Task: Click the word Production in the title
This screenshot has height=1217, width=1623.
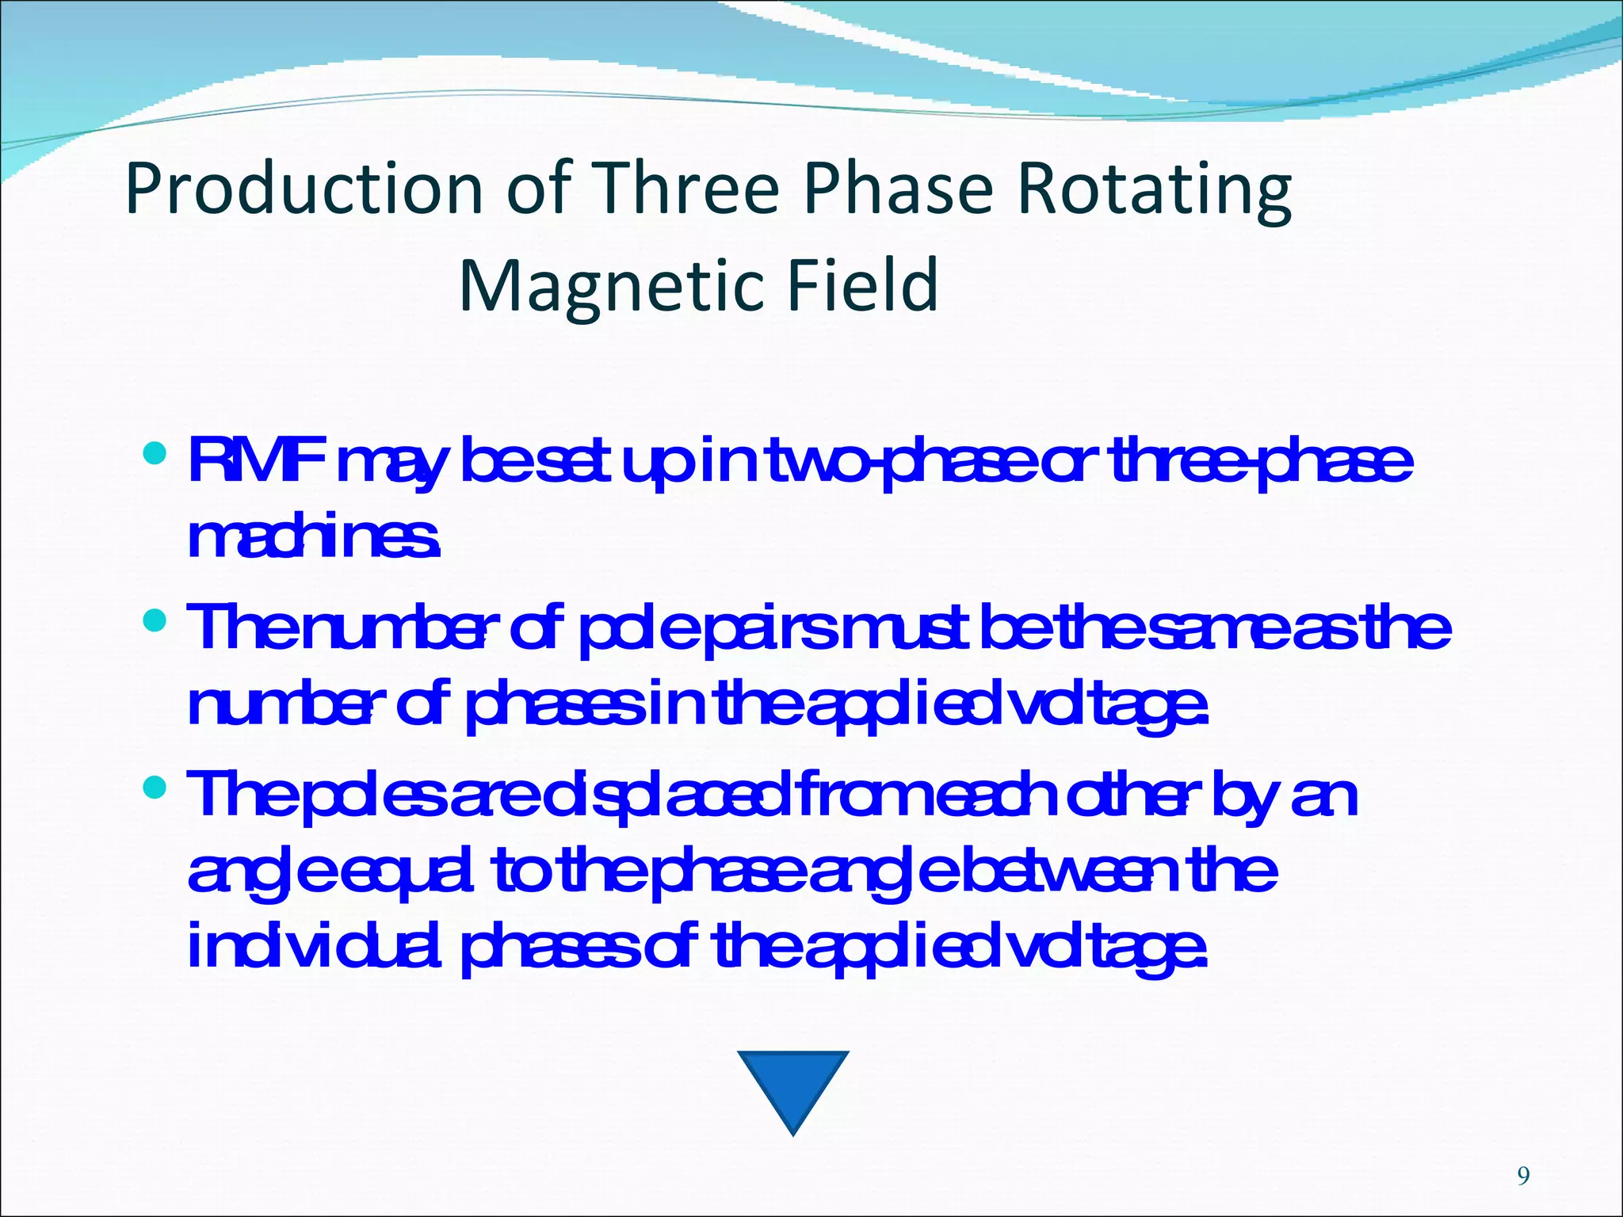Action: pyautogui.click(x=304, y=190)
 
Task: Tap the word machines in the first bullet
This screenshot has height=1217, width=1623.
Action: pyautogui.click(x=313, y=538)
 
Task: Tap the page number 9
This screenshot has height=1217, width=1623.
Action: pyautogui.click(x=1522, y=1177)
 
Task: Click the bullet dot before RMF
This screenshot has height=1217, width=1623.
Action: pyautogui.click(x=156, y=455)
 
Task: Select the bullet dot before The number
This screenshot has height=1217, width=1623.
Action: pyautogui.click(x=156, y=620)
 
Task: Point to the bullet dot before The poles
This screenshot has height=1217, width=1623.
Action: pyautogui.click(x=156, y=787)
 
